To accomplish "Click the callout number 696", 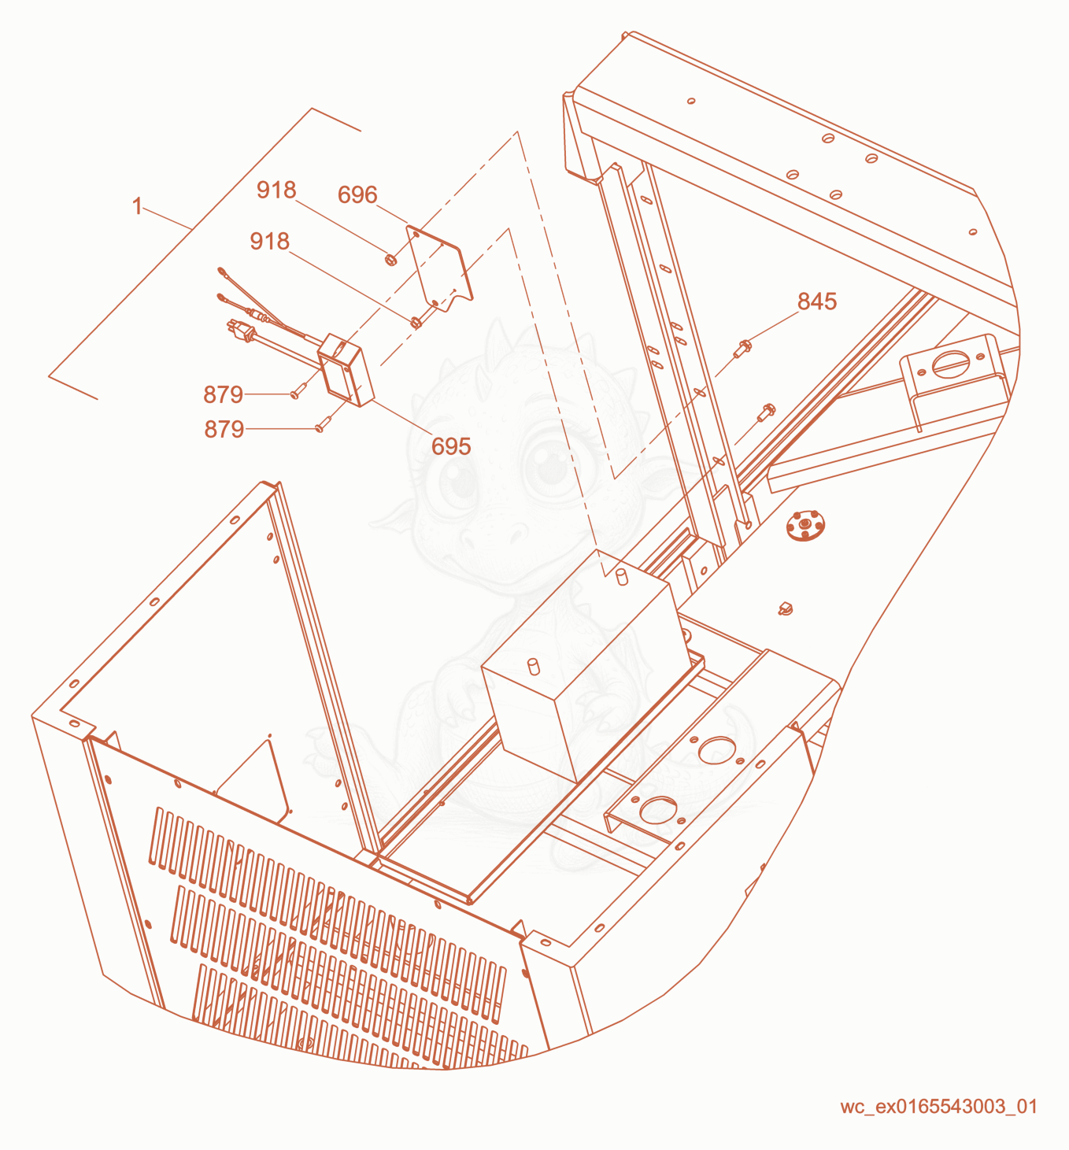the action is point(357,195).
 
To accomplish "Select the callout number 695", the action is point(451,446).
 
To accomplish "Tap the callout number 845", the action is point(817,301).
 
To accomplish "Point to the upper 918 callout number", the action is point(276,190).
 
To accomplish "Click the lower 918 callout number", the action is point(269,241).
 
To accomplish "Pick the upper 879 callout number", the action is point(223,395).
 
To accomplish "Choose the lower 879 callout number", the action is point(224,430).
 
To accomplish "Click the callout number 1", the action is point(137,206).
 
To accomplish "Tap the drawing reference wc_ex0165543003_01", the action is point(938,1107).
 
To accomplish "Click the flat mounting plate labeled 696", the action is point(439,268).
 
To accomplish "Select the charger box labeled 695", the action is point(346,370).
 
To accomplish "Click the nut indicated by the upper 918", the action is point(391,259).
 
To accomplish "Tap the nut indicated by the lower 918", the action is point(416,323).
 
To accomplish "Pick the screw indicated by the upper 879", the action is point(297,393).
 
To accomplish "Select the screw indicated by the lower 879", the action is point(321,427).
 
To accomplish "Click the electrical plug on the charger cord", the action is point(242,330).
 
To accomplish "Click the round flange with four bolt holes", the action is point(805,525).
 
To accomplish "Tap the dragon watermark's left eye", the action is point(459,482).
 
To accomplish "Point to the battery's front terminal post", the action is point(534,667).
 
